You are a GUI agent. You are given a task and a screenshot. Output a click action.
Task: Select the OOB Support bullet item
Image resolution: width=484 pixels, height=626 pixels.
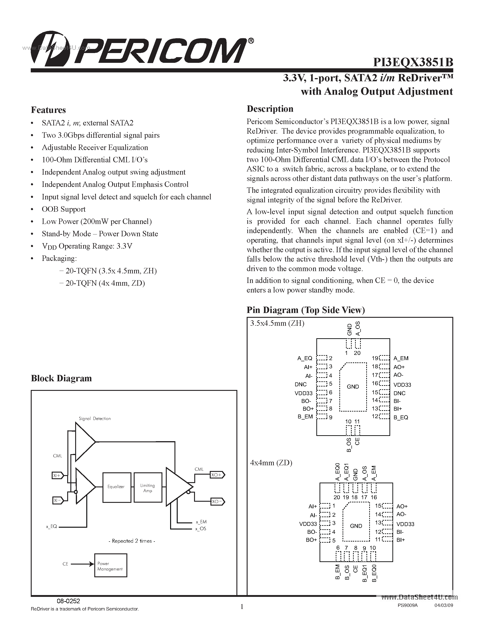[63, 209]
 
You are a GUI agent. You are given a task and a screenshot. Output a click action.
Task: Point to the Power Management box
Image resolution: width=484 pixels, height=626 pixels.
[110, 566]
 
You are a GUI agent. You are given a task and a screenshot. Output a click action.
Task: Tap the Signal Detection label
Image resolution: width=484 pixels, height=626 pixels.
[95, 418]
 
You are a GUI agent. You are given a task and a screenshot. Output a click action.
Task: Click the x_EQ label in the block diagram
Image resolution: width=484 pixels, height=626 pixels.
[52, 527]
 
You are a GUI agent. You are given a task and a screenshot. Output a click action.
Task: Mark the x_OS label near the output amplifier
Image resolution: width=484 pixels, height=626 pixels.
[201, 529]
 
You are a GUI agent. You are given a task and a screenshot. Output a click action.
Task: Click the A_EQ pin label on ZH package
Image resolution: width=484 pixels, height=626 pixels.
[305, 358]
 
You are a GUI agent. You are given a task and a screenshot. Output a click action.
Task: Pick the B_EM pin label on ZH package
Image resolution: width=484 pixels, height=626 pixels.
[305, 417]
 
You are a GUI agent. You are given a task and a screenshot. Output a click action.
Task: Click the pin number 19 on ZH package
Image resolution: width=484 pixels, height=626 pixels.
[375, 358]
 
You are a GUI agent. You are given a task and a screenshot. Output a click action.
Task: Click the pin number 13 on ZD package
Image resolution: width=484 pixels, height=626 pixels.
[378, 523]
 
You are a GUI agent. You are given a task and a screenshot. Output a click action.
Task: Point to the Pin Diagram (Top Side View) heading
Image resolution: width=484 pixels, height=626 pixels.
[306, 310]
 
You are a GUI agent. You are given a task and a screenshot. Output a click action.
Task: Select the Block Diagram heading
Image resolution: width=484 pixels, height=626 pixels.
[61, 378]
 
